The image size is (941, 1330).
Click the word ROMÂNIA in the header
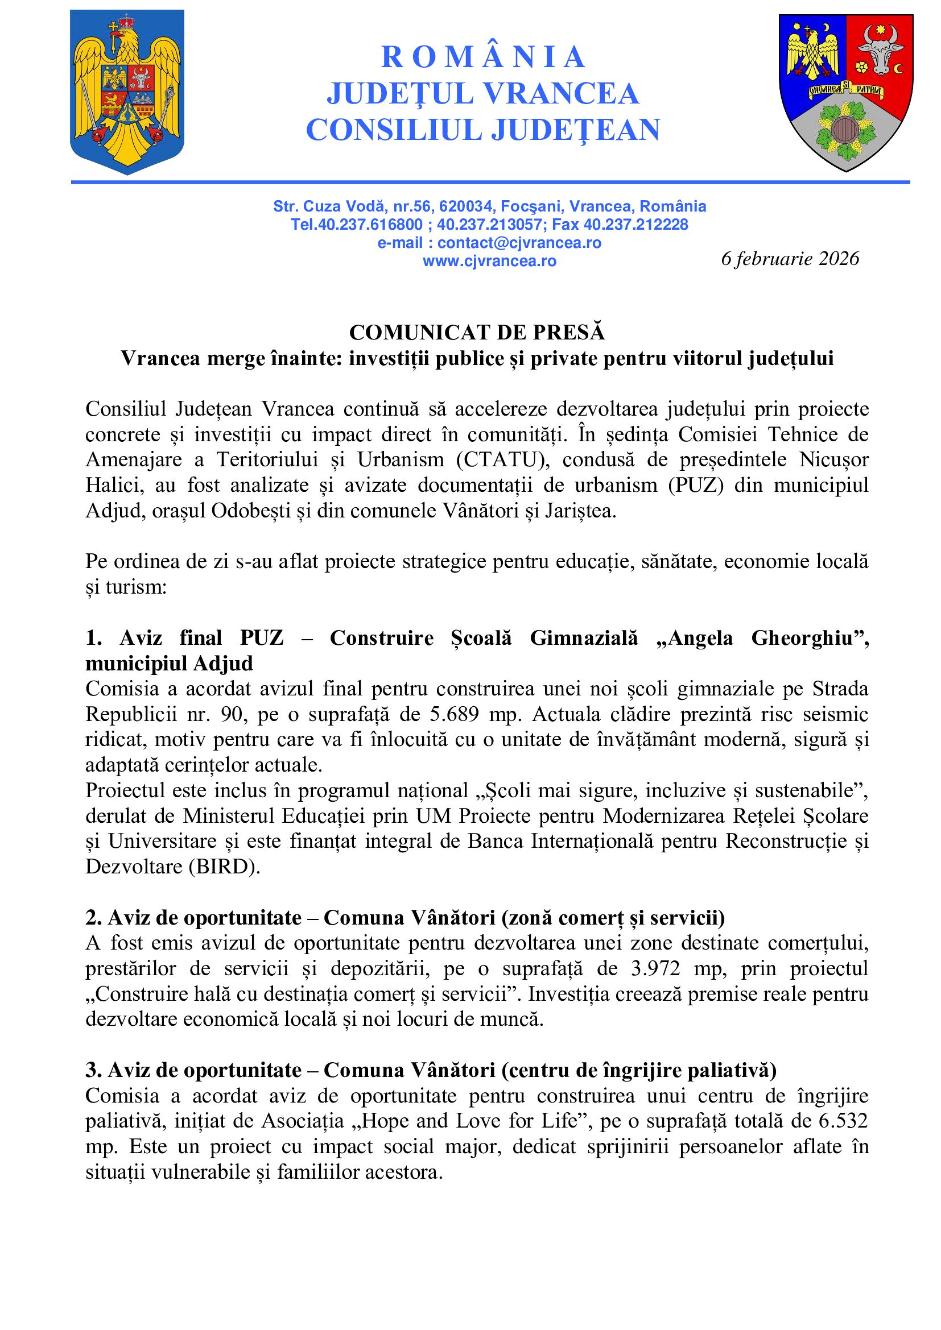click(482, 57)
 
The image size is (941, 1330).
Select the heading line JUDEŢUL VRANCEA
click(482, 94)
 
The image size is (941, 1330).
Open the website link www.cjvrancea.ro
click(489, 261)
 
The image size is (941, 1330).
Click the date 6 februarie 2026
click(790, 258)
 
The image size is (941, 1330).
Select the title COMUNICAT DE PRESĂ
click(477, 333)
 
